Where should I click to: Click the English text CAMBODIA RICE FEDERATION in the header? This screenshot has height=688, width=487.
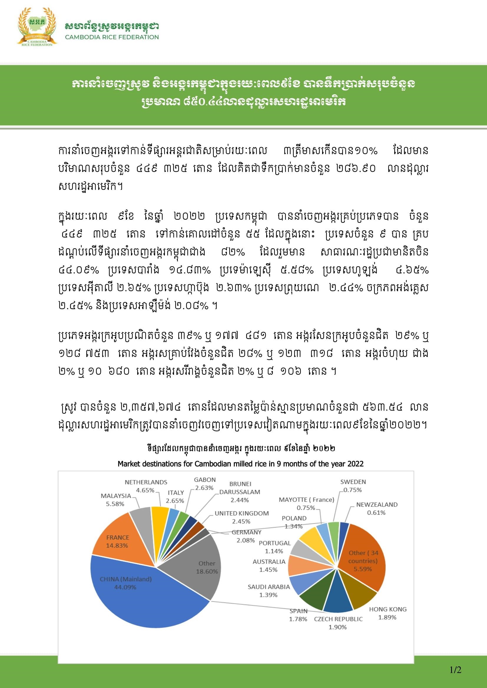pos(112,37)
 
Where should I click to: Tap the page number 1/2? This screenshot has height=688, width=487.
pos(455,670)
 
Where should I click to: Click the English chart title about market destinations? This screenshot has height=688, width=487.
pos(240,464)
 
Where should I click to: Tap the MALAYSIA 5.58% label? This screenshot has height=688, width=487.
pos(116,500)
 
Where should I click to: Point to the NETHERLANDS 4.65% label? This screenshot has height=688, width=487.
pos(146,486)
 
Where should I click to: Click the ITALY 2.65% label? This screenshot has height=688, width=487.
pos(175,497)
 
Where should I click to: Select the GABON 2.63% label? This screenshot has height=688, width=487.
pos(205,484)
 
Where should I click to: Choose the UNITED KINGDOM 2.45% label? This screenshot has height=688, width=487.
pos(241,517)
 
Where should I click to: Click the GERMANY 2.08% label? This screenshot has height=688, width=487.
pos(246,536)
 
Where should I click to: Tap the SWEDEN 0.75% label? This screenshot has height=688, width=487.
pos(353,486)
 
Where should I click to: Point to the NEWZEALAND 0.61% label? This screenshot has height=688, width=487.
pos(377,509)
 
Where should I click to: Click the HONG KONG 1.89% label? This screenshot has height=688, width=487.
pos(387,613)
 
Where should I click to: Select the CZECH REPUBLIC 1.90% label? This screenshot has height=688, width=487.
pos(338,623)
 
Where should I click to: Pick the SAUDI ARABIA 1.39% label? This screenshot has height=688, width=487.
pos(269,591)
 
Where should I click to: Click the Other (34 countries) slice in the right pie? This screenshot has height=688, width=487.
pos(363,560)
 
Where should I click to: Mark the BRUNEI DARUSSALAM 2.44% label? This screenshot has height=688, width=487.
pos(240,492)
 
